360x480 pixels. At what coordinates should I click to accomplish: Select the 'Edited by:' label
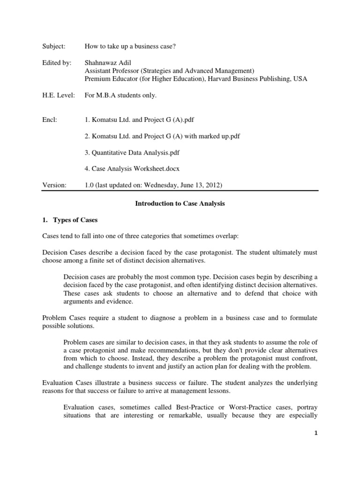pos(55,63)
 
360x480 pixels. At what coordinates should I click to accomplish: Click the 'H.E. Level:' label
pos(55,95)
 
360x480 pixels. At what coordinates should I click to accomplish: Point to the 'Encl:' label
pos(49,120)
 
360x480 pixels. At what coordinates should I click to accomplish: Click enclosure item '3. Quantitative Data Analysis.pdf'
pos(132,152)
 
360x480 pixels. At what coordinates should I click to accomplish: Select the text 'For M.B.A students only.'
pos(120,95)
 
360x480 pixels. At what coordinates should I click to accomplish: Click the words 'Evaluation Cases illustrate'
pos(84,383)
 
